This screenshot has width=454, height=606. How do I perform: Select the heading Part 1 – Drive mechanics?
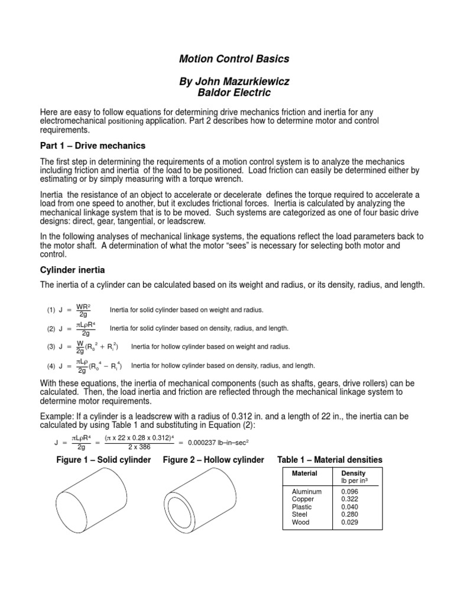pyautogui.click(x=92, y=146)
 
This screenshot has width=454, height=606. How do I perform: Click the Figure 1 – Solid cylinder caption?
pyautogui.click(x=103, y=460)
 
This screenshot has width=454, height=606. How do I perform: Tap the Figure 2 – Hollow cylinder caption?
pyautogui.click(x=213, y=460)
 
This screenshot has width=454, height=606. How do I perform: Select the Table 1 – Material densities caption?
pyautogui.click(x=330, y=460)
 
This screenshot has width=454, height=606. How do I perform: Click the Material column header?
pyautogui.click(x=304, y=473)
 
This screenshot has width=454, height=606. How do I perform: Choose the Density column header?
pyautogui.click(x=354, y=473)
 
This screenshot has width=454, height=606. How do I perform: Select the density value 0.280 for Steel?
pyautogui.click(x=350, y=514)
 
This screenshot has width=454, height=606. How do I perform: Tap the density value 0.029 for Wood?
pyautogui.click(x=350, y=522)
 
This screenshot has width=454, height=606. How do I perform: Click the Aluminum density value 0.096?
pyautogui.click(x=350, y=491)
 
